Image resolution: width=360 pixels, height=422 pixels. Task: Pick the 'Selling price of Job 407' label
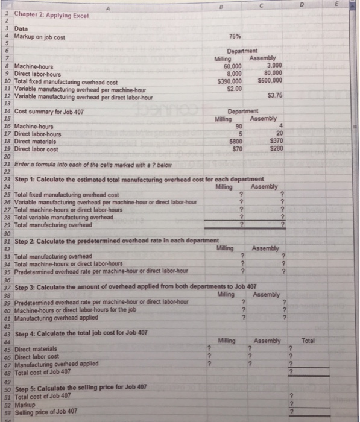39,411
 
